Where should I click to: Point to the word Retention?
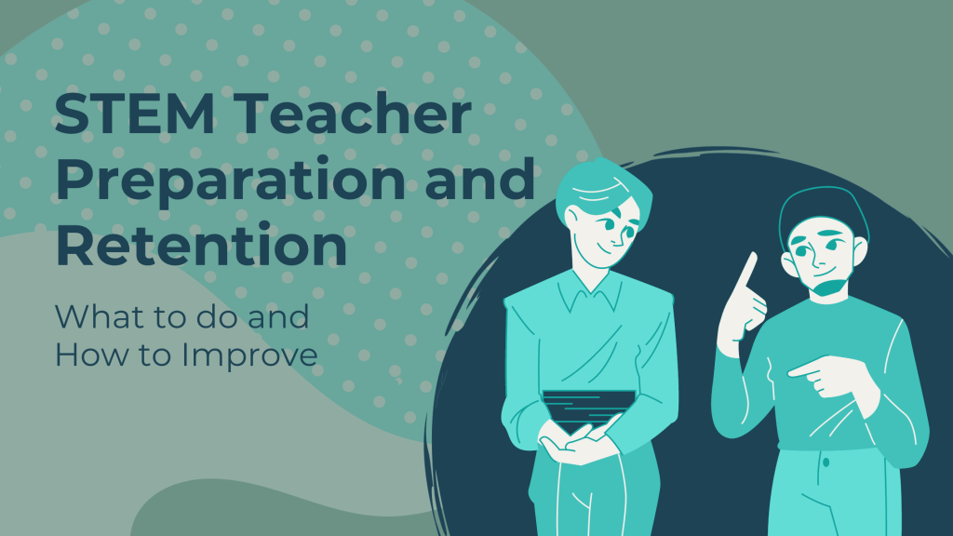pos(201,244)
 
